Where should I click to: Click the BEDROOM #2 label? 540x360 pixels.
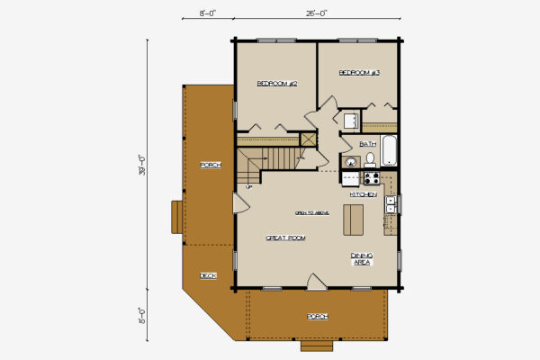[277, 84]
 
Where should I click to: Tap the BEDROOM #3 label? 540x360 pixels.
[359, 72]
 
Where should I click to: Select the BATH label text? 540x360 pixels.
[367, 144]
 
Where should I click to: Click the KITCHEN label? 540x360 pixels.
[363, 194]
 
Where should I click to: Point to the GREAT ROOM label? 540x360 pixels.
[285, 238]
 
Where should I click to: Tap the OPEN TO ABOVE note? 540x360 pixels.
[312, 213]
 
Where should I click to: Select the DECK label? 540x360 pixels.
[208, 275]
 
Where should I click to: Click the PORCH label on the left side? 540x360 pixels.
[210, 165]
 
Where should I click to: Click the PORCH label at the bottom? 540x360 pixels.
[317, 316]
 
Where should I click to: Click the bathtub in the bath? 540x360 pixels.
[389, 149]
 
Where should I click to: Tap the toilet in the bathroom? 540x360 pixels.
[369, 160]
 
